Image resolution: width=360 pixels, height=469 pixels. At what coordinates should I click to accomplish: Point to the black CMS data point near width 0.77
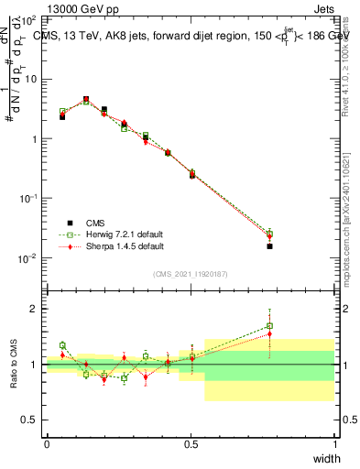[269, 246]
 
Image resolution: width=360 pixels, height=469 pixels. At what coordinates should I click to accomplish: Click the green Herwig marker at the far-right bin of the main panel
[269, 234]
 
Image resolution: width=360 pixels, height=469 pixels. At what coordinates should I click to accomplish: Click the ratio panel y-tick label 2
[35, 309]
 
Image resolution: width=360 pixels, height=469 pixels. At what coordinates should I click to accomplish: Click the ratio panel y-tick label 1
[35, 365]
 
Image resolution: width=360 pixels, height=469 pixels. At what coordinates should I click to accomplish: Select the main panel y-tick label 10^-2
[28, 258]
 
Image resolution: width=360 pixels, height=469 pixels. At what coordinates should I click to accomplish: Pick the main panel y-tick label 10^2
[28, 19]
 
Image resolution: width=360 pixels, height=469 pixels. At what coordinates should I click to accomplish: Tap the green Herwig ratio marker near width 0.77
[269, 325]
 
